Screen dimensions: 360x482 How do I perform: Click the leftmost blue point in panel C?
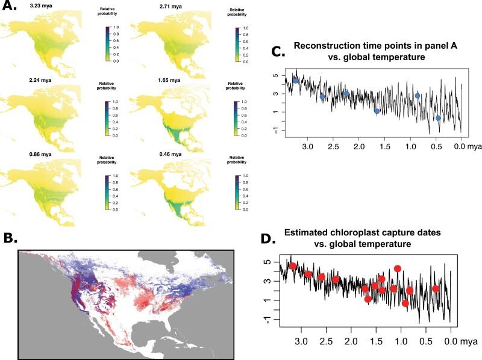pos(296,80)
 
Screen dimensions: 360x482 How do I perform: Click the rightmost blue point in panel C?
pos(438,118)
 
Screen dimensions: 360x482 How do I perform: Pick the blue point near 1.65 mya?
pos(377,111)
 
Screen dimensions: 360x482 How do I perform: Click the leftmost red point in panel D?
pos(293,265)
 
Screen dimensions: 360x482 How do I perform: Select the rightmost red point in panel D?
pos(435,289)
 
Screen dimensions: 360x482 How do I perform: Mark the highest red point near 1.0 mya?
pos(397,268)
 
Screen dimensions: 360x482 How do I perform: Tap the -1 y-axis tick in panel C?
pos(275,131)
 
